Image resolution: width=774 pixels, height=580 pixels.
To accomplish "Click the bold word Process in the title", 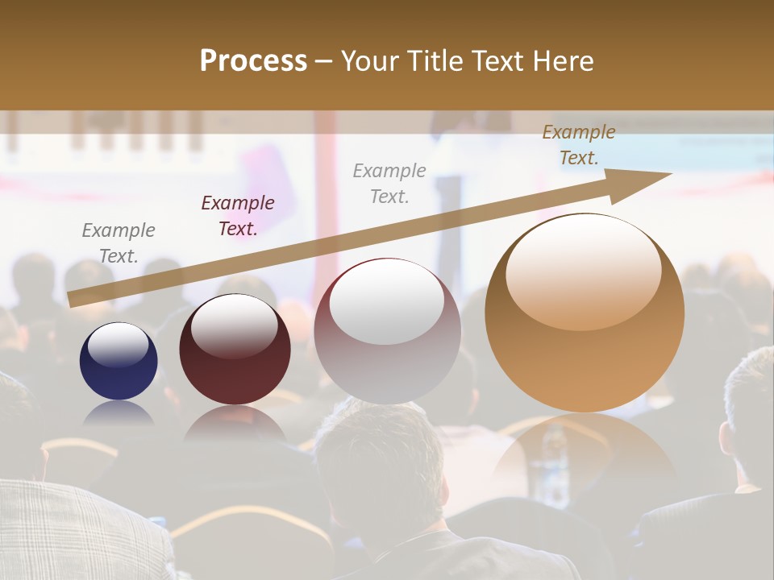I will [x=253, y=61].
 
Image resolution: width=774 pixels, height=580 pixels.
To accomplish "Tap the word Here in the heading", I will [x=561, y=61].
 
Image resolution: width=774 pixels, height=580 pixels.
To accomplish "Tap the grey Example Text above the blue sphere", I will [x=119, y=243].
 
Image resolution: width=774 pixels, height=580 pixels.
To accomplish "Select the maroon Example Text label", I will [x=238, y=216].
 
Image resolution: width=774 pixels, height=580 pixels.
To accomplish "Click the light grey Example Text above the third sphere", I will [x=389, y=183].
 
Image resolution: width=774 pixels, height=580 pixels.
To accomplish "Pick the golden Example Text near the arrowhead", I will [x=579, y=145].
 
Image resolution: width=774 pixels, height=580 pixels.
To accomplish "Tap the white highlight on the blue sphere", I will [x=118, y=346].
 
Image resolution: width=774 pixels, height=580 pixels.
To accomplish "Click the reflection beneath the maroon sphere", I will [x=235, y=422].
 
